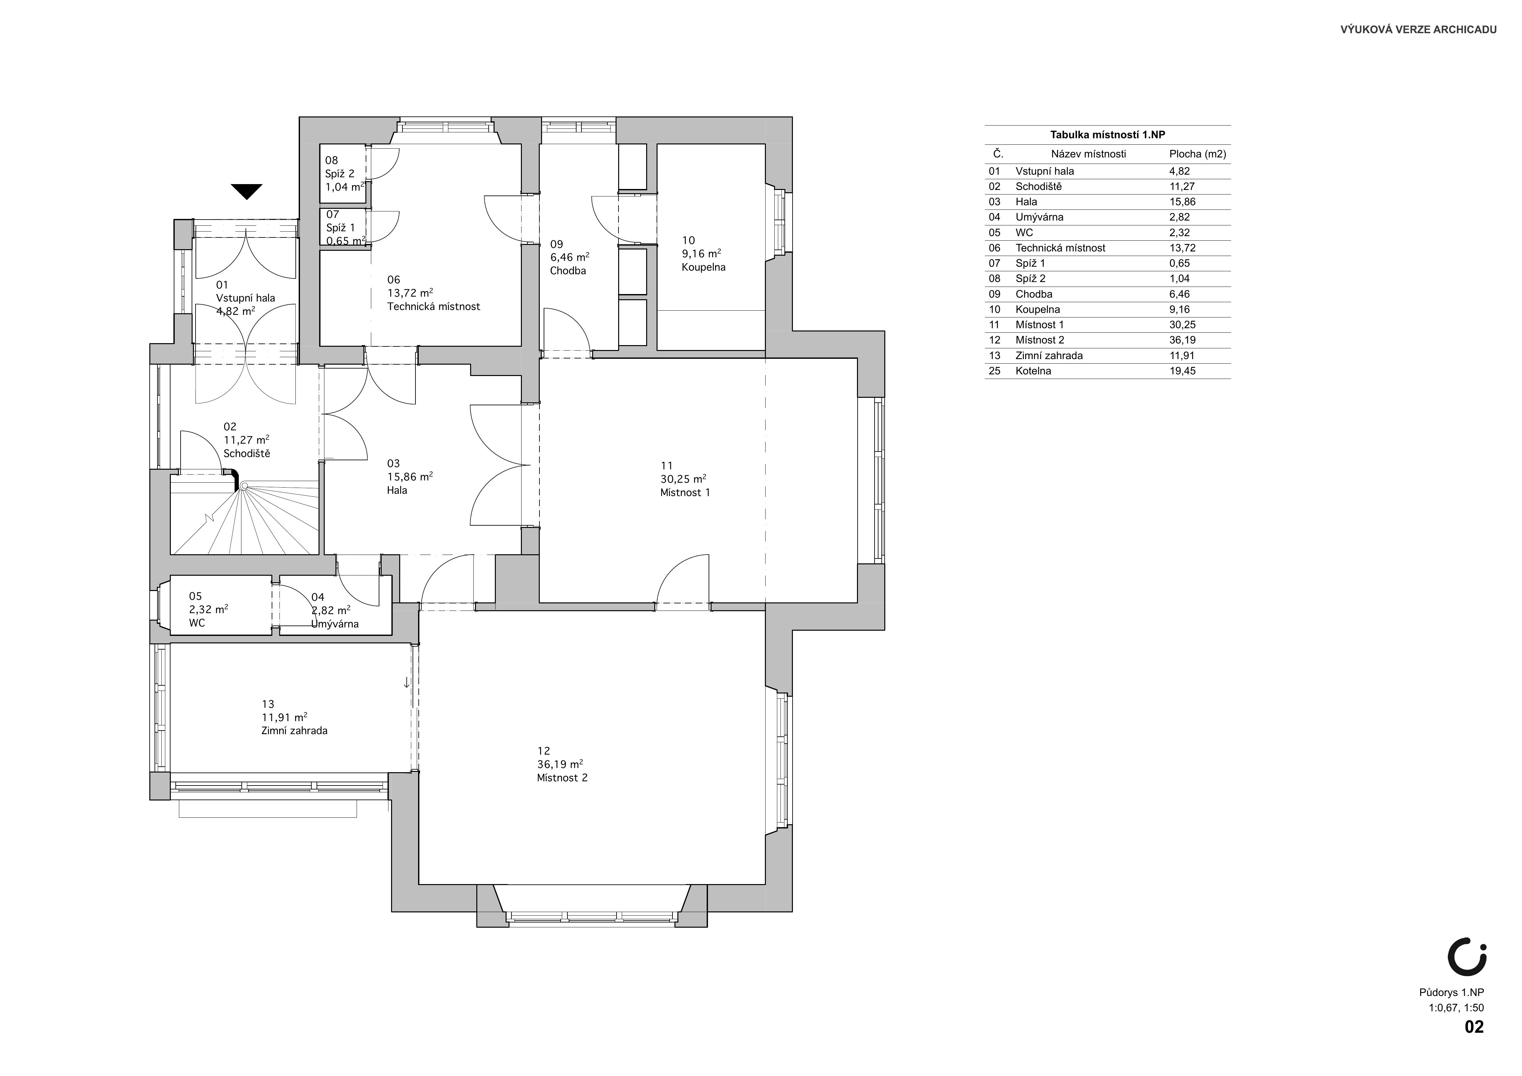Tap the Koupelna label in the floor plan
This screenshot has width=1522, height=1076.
703,268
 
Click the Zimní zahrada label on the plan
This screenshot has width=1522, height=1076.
294,731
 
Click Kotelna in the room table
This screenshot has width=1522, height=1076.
1033,371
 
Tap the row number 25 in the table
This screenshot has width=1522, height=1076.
994,371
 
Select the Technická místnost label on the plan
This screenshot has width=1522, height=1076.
433,307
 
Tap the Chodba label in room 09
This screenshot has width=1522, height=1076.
568,271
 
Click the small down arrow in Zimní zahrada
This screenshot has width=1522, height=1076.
406,682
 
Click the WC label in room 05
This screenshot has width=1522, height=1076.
197,624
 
